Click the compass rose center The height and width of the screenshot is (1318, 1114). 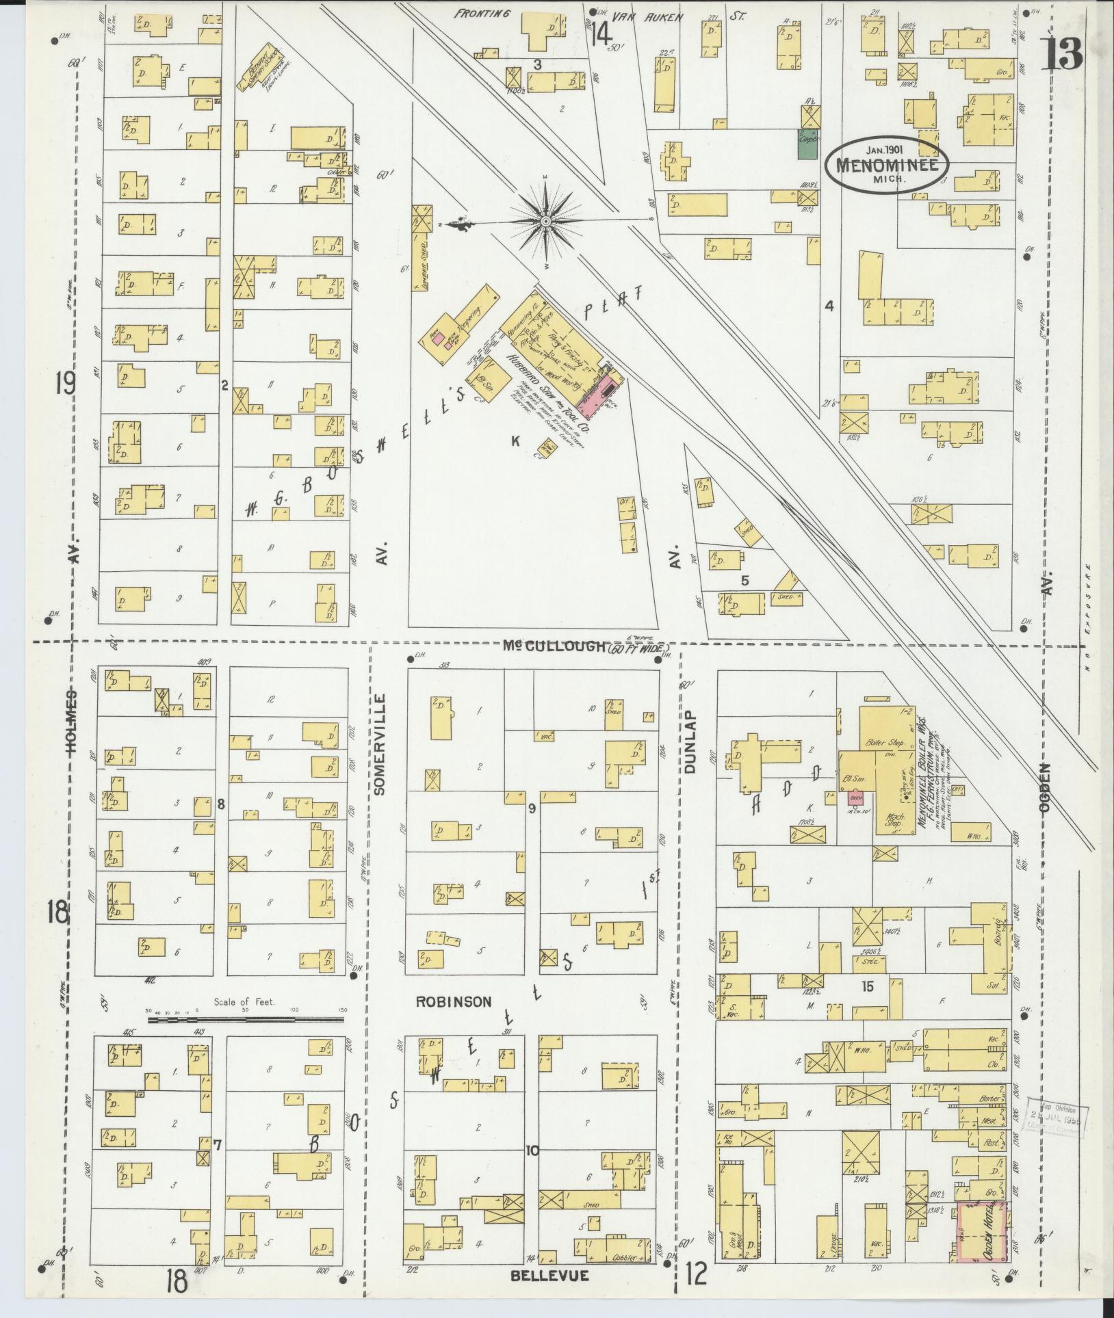(546, 222)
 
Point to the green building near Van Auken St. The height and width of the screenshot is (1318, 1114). (809, 144)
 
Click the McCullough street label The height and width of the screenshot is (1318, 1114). (554, 646)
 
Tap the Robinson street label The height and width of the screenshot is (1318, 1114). (454, 1001)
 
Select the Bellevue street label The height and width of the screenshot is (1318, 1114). (549, 1276)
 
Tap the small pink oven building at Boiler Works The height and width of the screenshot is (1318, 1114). (853, 798)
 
